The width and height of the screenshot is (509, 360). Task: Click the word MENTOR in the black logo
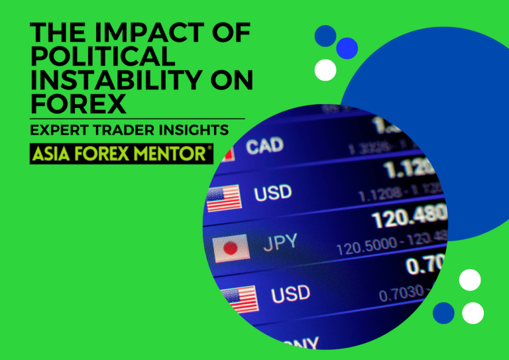[x=172, y=154]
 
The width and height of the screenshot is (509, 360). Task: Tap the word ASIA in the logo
[x=52, y=154]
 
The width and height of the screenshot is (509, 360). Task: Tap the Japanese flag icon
[x=231, y=248]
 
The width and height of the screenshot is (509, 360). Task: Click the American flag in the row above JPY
[x=225, y=198]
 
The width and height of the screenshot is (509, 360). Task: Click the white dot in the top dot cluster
[x=325, y=70]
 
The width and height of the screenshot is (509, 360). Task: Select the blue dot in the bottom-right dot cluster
[x=443, y=312]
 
